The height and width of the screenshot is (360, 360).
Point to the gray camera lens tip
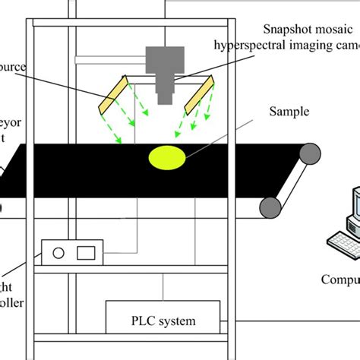[x=166, y=98]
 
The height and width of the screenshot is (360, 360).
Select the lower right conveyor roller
[x=269, y=206]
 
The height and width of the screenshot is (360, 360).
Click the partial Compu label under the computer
[x=339, y=279]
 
